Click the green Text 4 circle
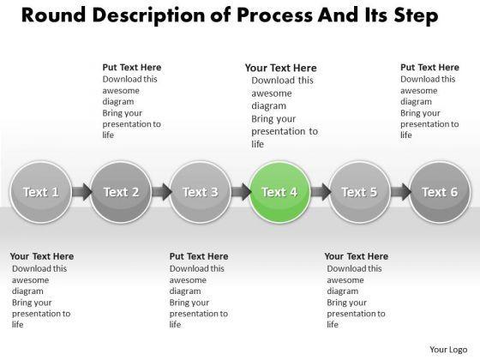pos(280,192)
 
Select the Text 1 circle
pos(41,192)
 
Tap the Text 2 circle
pos(121,192)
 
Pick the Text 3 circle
pos(201,192)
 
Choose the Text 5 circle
pos(360,192)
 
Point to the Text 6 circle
pos(440,192)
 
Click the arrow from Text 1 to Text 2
pos(82,192)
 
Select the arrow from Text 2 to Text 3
pos(162,192)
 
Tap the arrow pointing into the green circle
pos(241,192)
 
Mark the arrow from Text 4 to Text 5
pos(321,192)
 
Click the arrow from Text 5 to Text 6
pos(401,192)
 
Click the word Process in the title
pos(275,15)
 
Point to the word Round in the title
pos(54,15)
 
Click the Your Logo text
pos(448,350)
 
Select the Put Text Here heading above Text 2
pos(132,68)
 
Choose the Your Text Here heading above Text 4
pos(281,68)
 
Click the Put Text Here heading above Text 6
pos(429,68)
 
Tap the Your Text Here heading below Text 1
pos(42,256)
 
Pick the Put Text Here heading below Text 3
pos(199,256)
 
